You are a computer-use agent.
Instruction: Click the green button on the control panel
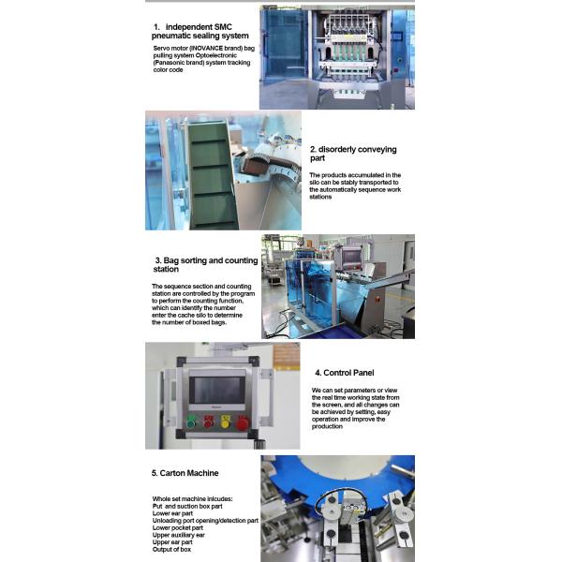[193, 421]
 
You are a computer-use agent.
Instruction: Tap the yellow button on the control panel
[225, 422]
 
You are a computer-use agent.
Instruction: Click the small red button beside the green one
[209, 422]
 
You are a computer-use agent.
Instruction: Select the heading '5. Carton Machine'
[187, 474]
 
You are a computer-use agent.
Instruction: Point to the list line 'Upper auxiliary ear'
[184, 535]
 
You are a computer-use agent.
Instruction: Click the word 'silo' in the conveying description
[318, 183]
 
